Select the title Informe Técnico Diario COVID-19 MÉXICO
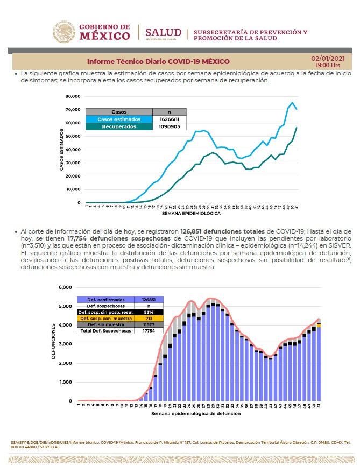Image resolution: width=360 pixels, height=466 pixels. click(x=158, y=61)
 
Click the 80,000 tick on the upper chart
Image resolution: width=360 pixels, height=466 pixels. click(x=72, y=97)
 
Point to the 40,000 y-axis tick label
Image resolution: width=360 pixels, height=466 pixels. click(x=72, y=150)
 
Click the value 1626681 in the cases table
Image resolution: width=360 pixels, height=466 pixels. click(x=169, y=119)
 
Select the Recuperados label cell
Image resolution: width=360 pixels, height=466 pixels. click(x=119, y=126)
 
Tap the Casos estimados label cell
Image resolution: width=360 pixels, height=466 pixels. click(x=119, y=119)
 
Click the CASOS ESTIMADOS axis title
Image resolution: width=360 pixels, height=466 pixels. click(x=61, y=150)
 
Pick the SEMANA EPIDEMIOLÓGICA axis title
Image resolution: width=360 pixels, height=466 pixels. click(x=190, y=214)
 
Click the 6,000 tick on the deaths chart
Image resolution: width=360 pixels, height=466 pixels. click(x=65, y=287)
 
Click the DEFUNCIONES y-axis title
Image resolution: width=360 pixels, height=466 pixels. click(x=54, y=344)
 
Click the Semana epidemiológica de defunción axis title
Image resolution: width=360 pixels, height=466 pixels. click(x=196, y=414)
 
